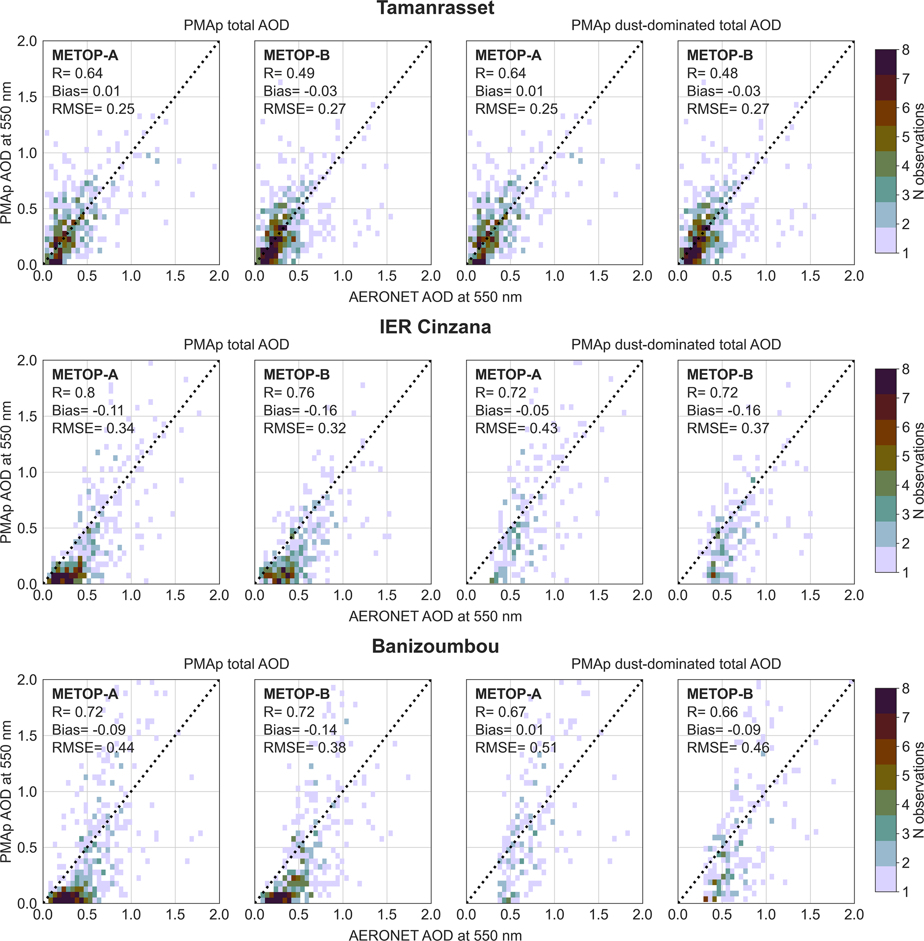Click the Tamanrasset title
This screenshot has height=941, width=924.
(x=435, y=8)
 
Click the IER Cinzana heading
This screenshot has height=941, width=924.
(x=435, y=327)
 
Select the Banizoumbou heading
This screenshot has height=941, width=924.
(x=435, y=646)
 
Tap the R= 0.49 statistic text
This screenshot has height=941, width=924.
(x=289, y=73)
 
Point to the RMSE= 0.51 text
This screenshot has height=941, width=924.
(x=516, y=748)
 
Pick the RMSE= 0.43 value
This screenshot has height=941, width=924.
(x=516, y=428)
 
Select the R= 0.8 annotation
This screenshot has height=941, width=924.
(x=73, y=392)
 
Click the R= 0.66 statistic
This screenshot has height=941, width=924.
(x=712, y=712)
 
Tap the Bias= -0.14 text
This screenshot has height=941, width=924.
(x=300, y=730)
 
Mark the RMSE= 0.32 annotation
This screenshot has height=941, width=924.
(x=305, y=428)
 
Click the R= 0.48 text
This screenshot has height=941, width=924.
(x=712, y=73)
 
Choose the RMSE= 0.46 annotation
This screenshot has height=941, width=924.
(x=728, y=748)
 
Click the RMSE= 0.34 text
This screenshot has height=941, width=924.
(x=93, y=428)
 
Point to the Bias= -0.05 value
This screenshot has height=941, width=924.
(x=512, y=410)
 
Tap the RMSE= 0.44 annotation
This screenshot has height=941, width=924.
(x=93, y=748)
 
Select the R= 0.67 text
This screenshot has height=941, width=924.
(x=500, y=712)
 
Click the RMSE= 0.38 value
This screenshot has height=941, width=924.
(x=305, y=748)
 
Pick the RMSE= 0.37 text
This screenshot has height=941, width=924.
(x=728, y=428)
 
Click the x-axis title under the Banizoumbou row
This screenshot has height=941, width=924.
(x=435, y=935)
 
